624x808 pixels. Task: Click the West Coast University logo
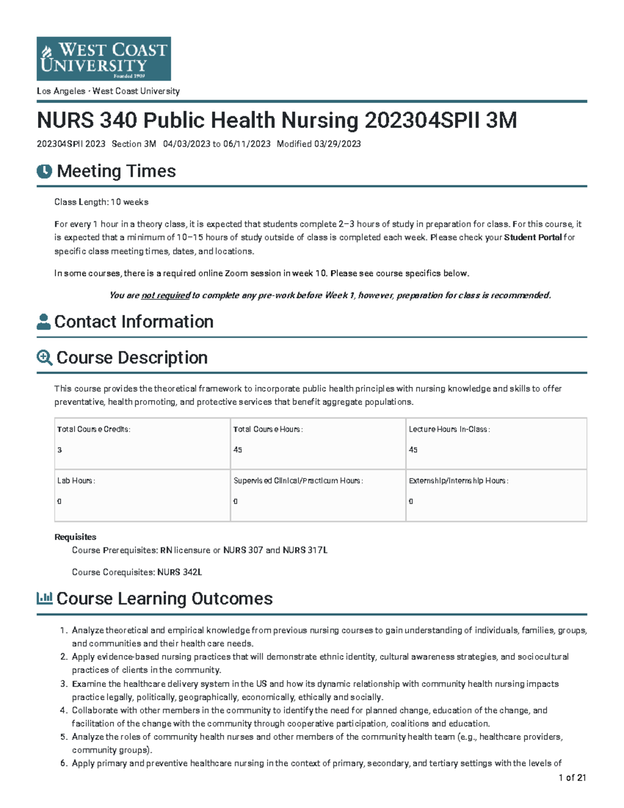pos(103,58)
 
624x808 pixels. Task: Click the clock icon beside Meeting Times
pos(44,171)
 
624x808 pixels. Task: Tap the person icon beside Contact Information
pos(44,322)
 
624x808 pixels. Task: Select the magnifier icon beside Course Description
pos(44,358)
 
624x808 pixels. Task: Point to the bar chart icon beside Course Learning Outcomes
pos(44,598)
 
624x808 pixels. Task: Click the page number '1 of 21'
pos(572,778)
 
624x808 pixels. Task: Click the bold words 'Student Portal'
pos(533,237)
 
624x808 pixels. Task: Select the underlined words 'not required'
pos(165,296)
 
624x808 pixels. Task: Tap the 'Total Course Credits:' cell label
pos(94,429)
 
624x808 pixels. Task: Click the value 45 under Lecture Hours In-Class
pos(413,450)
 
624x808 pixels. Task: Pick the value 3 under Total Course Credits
pos(60,450)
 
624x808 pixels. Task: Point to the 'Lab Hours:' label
pos(76,481)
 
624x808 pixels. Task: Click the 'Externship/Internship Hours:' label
pos(458,481)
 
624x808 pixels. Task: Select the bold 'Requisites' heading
pos(75,537)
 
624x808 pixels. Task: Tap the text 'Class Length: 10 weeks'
pos(101,202)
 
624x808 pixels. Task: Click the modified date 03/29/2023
pos(337,144)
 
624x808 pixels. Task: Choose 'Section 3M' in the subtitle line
pos(134,144)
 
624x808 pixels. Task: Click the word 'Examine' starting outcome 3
pos(89,684)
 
